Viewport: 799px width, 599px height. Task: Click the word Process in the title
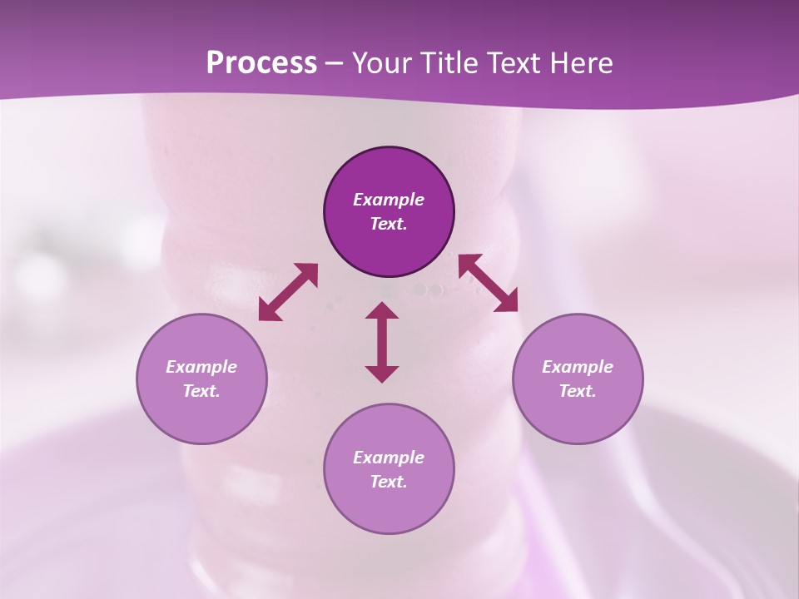point(261,63)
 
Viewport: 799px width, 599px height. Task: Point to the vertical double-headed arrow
point(382,342)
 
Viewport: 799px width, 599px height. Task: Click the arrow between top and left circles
point(288,292)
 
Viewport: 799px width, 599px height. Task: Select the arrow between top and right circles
point(489,283)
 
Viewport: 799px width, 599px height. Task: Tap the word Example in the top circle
point(389,200)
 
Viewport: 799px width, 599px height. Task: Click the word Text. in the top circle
point(389,224)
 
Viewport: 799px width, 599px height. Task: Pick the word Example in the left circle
point(201,367)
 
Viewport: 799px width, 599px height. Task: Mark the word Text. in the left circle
point(201,391)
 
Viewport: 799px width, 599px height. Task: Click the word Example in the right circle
point(578,367)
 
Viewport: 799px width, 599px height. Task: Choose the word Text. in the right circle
point(578,391)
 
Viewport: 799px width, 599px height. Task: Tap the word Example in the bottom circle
point(389,458)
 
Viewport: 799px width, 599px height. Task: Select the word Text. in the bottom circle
point(389,482)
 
